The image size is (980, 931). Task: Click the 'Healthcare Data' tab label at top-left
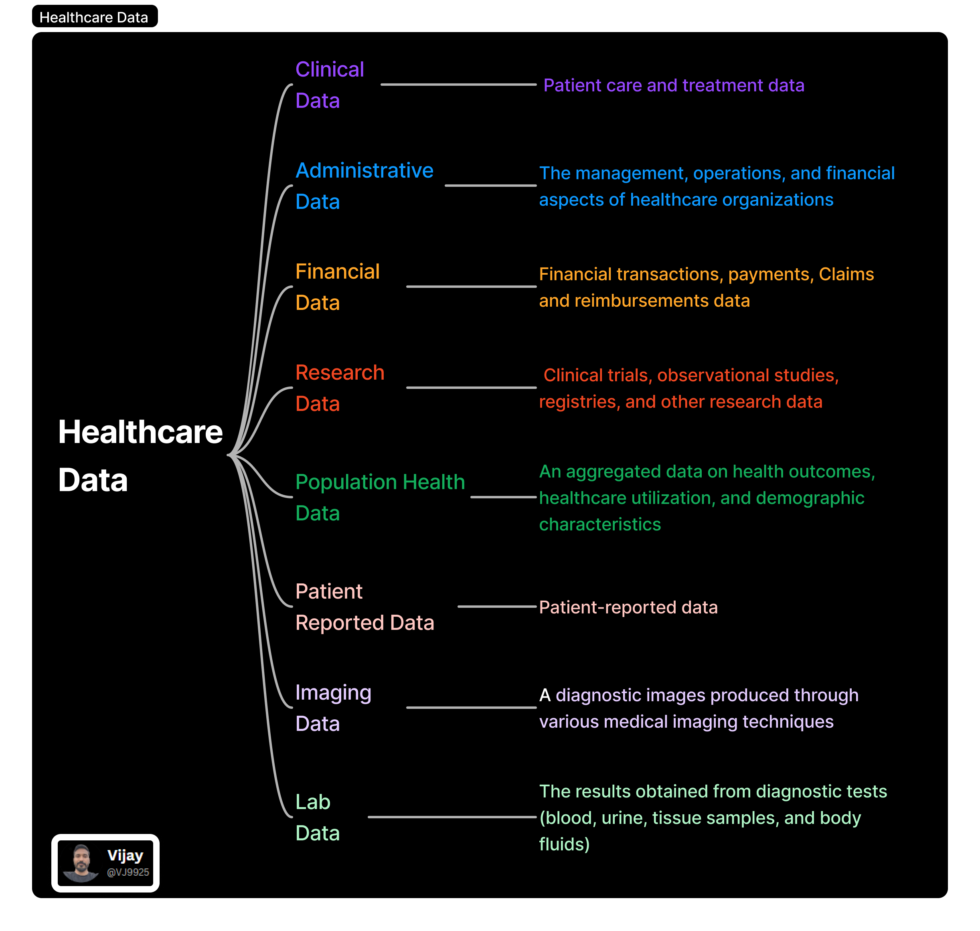(x=94, y=17)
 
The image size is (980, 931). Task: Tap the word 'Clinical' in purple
(x=330, y=69)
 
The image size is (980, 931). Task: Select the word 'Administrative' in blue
(x=364, y=171)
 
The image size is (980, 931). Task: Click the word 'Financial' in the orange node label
(x=337, y=272)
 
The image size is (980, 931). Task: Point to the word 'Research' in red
(x=340, y=373)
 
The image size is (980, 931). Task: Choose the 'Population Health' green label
(x=380, y=482)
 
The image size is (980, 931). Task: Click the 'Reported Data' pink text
(x=365, y=623)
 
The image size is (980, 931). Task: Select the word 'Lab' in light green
(x=313, y=802)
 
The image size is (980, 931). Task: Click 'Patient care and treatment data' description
(x=673, y=85)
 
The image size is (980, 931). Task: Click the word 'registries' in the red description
(x=579, y=402)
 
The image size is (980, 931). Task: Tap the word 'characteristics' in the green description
(x=600, y=524)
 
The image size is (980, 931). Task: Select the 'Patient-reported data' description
(x=628, y=607)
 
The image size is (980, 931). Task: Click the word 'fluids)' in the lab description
(x=564, y=845)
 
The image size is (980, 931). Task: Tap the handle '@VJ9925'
(x=128, y=872)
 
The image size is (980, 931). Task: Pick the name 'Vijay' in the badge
(x=125, y=856)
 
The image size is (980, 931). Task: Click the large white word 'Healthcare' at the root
(x=140, y=432)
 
